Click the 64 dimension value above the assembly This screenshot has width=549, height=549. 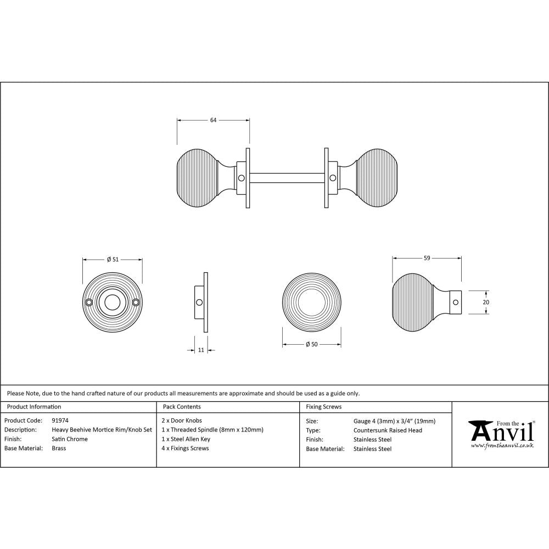pos(214,120)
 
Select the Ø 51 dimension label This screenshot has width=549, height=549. pos(112,260)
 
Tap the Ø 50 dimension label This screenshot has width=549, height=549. pos(312,344)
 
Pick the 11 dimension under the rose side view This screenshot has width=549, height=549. pos(201,350)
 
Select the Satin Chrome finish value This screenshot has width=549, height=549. pos(70,439)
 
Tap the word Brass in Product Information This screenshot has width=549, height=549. pos(59,449)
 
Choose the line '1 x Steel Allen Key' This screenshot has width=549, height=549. pos(186,439)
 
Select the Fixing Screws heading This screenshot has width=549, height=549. pos(323,407)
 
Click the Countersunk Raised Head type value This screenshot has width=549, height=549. pos(388,430)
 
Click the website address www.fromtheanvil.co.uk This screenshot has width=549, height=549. pos(502,446)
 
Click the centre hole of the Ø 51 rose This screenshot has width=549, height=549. pos(113,301)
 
